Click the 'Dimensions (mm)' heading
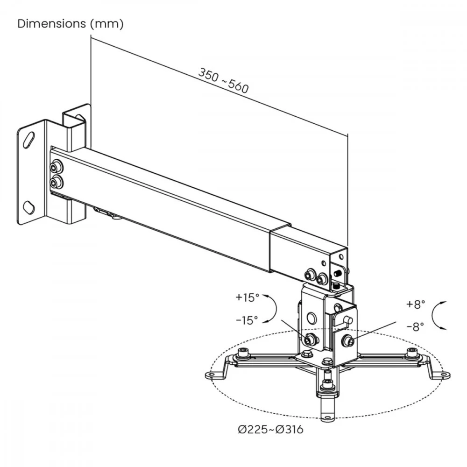coord(71,24)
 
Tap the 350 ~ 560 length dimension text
coord(223,80)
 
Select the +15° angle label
coord(247,297)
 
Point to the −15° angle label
coord(247,320)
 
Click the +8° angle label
coord(416,304)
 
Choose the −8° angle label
coord(415,327)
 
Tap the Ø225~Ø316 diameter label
coord(270,430)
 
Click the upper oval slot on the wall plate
coord(29,139)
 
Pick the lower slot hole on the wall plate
coord(28,207)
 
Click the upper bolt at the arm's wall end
coord(56,167)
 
